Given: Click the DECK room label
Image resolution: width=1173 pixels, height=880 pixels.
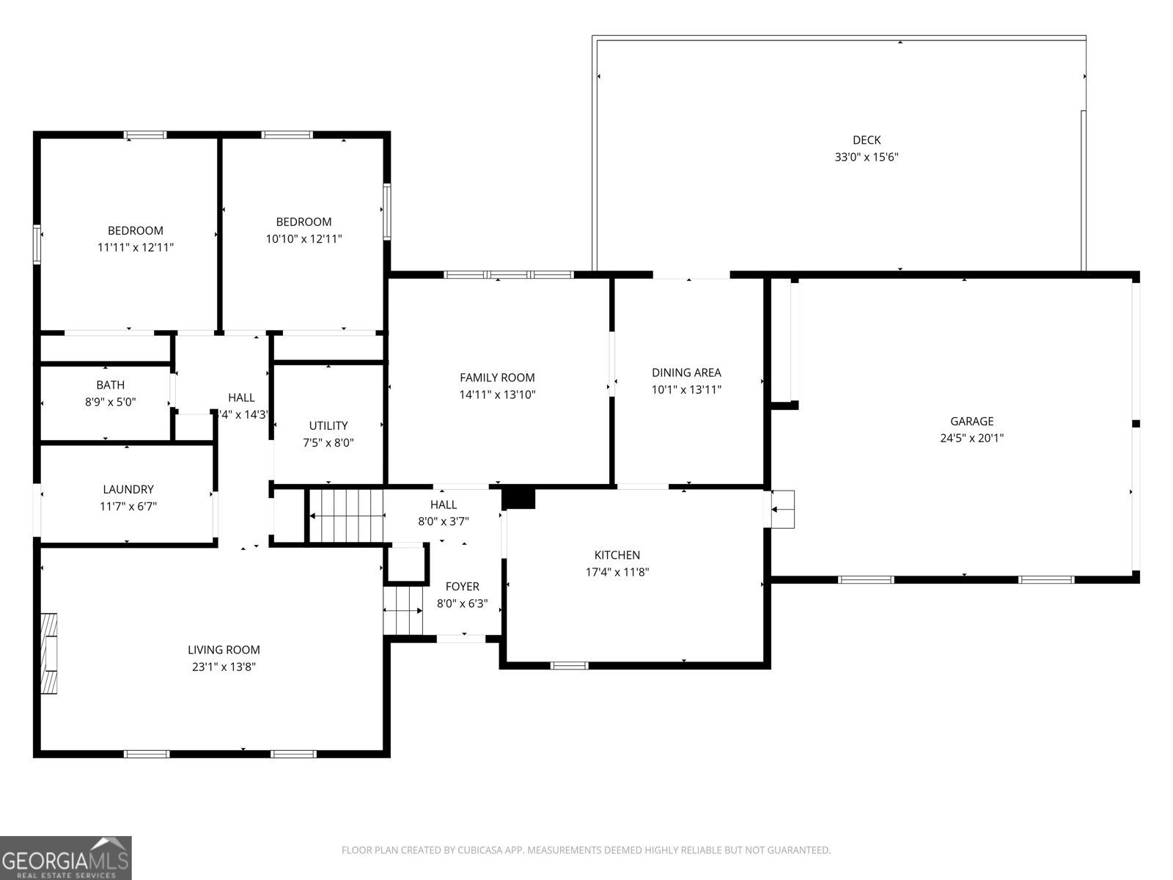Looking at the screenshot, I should [867, 140].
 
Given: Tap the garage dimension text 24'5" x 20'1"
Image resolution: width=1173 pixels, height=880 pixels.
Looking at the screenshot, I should [971, 439].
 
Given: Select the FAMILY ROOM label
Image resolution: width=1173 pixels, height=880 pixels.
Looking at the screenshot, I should [497, 378].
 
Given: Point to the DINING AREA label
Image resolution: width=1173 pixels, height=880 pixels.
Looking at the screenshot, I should [686, 373].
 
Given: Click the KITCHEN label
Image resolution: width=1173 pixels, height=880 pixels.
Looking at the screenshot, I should [617, 555].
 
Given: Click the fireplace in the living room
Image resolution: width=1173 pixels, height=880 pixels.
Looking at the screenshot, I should [49, 653].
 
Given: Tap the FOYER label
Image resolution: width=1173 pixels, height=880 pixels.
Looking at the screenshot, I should [462, 587].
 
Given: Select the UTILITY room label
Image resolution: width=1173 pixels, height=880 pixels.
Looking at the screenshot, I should [328, 426].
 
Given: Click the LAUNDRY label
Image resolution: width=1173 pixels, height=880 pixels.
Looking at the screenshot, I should [128, 489].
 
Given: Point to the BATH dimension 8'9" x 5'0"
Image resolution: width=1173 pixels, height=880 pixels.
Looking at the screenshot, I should [110, 402].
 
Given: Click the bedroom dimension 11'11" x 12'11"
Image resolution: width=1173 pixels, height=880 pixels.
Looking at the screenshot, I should [136, 248].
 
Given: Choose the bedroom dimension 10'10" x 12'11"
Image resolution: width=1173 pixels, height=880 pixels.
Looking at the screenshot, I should [304, 239].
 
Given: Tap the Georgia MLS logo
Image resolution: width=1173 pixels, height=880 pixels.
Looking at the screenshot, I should [65, 857].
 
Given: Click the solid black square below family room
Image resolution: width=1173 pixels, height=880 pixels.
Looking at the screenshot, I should [519, 498].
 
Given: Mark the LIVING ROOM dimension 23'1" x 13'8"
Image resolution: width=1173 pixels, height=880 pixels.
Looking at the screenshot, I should [224, 667].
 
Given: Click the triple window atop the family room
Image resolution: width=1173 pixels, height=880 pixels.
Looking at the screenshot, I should [509, 275].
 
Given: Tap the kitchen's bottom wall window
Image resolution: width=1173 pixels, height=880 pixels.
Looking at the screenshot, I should [569, 666].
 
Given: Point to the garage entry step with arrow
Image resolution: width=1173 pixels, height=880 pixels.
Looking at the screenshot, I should [783, 508].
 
